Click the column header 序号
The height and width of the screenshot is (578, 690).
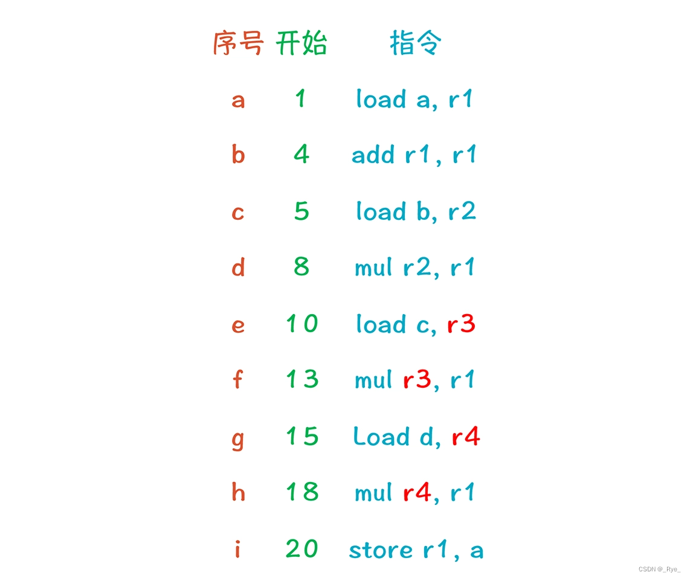(238, 44)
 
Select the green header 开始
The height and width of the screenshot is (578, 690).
(301, 44)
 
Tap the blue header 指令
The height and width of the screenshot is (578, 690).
(416, 44)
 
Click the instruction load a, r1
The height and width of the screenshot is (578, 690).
(414, 99)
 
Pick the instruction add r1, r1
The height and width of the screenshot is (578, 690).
(414, 155)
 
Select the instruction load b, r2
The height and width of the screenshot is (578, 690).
(416, 211)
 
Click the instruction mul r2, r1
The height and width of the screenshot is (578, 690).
(414, 267)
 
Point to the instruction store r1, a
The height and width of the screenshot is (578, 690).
(416, 550)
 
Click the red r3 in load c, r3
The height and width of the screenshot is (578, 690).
(461, 324)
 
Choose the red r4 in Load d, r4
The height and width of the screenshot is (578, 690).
(466, 437)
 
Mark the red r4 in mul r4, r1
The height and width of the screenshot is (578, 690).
(417, 493)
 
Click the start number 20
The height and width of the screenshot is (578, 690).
(301, 549)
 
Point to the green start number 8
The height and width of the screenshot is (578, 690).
(301, 266)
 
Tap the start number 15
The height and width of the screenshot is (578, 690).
(301, 436)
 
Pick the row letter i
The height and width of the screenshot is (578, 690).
(237, 549)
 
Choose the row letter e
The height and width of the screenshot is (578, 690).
(238, 325)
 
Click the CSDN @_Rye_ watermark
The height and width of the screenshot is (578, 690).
(659, 569)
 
